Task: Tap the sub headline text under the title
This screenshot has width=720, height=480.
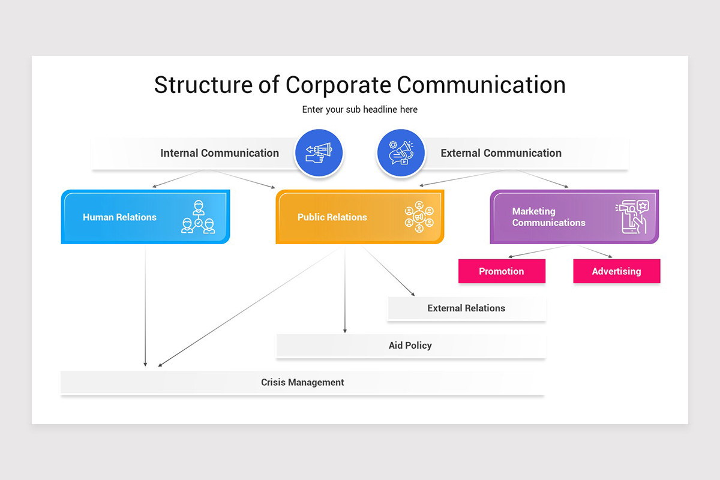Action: (359, 110)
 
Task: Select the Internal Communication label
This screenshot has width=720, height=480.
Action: (219, 153)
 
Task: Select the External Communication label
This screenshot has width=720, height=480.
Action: (501, 153)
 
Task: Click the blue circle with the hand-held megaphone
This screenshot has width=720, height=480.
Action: (318, 153)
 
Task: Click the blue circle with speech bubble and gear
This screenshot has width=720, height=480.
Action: (401, 153)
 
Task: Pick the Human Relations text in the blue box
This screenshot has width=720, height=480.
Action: (119, 217)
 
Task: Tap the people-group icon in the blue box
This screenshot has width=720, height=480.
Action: (198, 217)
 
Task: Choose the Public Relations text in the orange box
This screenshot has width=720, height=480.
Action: (332, 217)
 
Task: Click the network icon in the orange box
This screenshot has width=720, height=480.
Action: (419, 217)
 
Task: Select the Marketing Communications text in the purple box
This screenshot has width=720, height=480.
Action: (548, 217)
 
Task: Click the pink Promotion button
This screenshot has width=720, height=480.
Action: (502, 271)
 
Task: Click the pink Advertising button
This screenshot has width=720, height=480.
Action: (616, 271)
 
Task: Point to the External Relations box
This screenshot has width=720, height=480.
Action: (466, 308)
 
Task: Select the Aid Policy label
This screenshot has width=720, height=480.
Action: (410, 346)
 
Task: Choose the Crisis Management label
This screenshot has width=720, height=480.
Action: (302, 382)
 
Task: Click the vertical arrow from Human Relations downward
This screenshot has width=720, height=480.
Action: (145, 306)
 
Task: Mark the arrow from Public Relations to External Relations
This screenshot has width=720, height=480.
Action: (389, 272)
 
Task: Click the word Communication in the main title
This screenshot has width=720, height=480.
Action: (481, 85)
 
